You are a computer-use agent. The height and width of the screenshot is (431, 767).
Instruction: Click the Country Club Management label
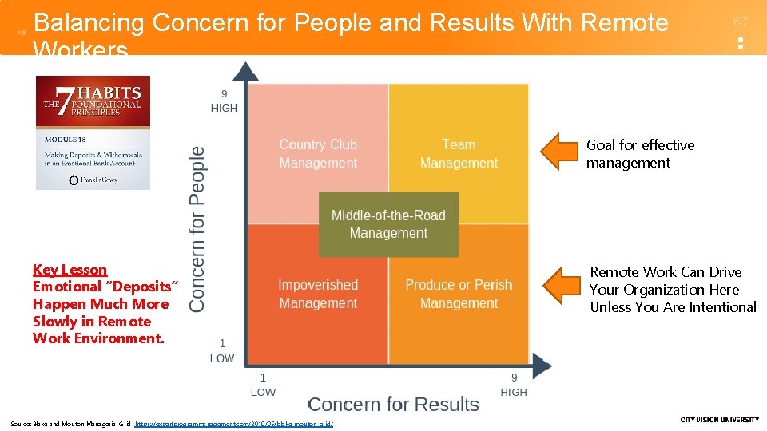pyautogui.click(x=318, y=153)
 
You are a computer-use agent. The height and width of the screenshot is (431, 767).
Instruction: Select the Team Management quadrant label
pyautogui.click(x=459, y=153)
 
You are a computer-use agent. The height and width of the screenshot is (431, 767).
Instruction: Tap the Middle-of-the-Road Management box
pyautogui.click(x=388, y=224)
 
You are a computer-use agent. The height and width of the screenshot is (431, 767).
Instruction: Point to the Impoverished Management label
pyautogui.click(x=318, y=294)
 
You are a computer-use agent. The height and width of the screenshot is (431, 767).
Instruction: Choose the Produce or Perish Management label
pyautogui.click(x=459, y=294)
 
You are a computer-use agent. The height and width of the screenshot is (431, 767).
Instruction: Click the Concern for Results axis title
pyautogui.click(x=393, y=405)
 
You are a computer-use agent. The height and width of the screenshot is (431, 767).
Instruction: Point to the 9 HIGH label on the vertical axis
pyautogui.click(x=224, y=101)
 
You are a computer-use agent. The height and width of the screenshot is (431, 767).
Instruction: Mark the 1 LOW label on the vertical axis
pyautogui.click(x=222, y=352)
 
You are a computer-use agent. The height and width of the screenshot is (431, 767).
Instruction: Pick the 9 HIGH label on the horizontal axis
pyautogui.click(x=514, y=385)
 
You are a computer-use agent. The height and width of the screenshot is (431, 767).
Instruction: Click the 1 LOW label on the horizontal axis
pyautogui.click(x=263, y=385)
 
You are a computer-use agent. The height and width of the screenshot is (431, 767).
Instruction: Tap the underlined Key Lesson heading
pyautogui.click(x=70, y=270)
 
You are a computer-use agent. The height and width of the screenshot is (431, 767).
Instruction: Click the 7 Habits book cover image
pyautogui.click(x=93, y=132)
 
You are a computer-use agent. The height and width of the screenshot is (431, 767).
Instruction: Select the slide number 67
pyautogui.click(x=741, y=22)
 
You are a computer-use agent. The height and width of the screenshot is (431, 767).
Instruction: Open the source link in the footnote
pyautogui.click(x=234, y=424)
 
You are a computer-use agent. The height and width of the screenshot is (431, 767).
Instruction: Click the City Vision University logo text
pyautogui.click(x=719, y=420)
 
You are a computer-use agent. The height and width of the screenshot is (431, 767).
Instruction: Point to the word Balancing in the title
pyautogui.click(x=89, y=23)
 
